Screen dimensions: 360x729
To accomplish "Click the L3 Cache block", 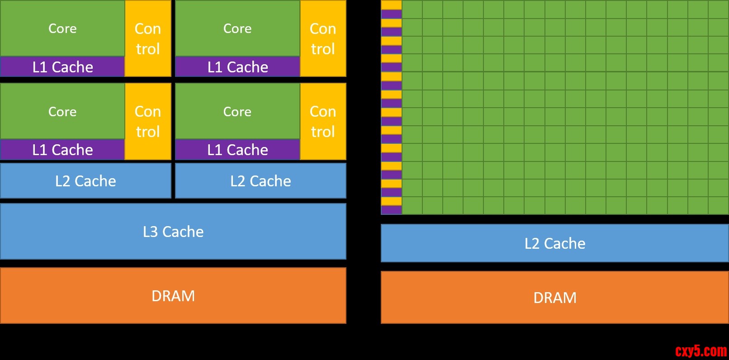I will [173, 232].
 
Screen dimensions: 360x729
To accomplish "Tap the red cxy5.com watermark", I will [701, 351].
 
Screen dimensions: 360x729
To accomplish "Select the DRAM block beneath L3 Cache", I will [173, 296].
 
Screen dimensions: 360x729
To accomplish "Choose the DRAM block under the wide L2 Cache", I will [555, 298].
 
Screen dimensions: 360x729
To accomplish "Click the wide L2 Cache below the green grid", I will [555, 243].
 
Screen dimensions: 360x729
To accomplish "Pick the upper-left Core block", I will [62, 28].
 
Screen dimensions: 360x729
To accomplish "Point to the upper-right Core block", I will [237, 28].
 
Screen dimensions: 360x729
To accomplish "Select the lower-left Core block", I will [62, 111].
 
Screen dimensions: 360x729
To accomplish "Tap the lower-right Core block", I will [237, 111].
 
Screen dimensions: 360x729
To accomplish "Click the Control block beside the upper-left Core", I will [148, 38].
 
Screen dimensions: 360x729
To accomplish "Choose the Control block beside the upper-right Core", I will [323, 38].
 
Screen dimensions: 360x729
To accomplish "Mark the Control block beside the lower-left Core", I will [148, 121].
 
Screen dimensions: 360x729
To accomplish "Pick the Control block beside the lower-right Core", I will [323, 121].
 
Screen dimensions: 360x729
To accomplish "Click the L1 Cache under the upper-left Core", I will [62, 67].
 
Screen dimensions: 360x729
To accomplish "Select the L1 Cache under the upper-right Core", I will [237, 67].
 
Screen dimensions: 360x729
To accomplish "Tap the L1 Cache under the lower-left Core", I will [62, 150].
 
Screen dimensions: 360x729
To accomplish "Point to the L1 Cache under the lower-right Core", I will [237, 150].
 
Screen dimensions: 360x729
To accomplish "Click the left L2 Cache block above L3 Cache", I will [85, 181].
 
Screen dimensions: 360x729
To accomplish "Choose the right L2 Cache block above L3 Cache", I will [260, 181].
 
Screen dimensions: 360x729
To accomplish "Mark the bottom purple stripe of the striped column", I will [392, 210].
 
